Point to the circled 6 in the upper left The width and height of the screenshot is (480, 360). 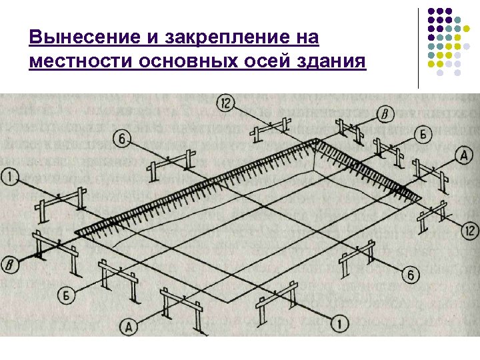tap(124, 139)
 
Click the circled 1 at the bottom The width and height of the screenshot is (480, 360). tap(340, 325)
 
